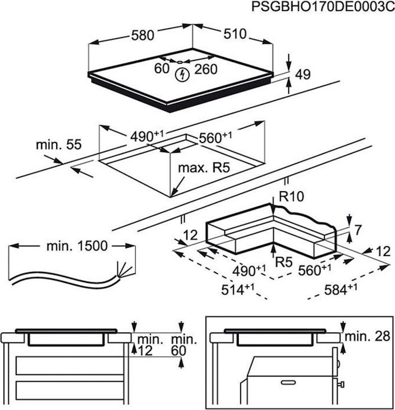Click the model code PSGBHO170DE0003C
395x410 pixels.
[323, 7]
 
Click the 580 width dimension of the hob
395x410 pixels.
[142, 35]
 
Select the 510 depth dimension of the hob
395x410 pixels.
[235, 34]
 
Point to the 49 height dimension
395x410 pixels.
[302, 74]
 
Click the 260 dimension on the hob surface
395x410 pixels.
[206, 69]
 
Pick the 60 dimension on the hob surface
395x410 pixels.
[161, 68]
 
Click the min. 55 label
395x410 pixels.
[59, 145]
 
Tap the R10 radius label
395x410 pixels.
[291, 197]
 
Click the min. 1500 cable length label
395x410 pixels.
[77, 246]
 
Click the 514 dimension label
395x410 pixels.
[238, 289]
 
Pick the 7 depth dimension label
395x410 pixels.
[357, 231]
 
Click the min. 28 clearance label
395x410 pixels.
[367, 336]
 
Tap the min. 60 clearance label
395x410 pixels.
[184, 345]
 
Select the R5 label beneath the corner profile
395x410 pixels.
[284, 262]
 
